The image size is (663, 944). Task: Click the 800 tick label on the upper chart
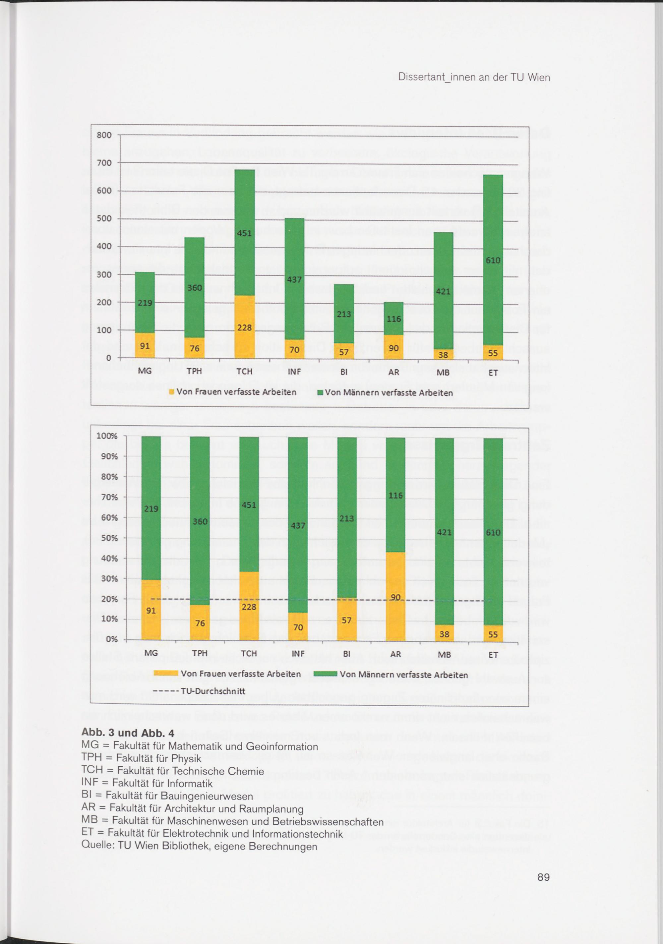coord(104,135)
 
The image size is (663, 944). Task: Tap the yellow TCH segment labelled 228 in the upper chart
coord(245,327)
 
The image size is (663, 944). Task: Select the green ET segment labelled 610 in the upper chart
coord(493,260)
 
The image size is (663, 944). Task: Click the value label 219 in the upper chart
coord(145,303)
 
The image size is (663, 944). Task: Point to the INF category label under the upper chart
coord(294,372)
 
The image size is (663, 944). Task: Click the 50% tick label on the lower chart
coord(109,538)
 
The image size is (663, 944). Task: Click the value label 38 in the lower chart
coord(444,634)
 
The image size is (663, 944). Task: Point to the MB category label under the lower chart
coord(444,655)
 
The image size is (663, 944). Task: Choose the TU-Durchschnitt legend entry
coord(199,691)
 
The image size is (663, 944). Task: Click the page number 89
coord(543,877)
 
